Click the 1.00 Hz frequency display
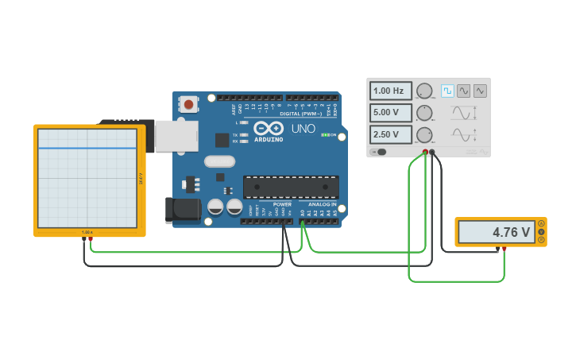pyautogui.click(x=390, y=91)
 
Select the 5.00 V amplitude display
pyautogui.click(x=390, y=113)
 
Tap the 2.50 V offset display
pyautogui.click(x=390, y=134)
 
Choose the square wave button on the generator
pyautogui.click(x=447, y=91)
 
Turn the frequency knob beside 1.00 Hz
pyautogui.click(x=425, y=91)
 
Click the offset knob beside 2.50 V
pyautogui.click(x=425, y=134)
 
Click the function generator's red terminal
pyautogui.click(x=425, y=152)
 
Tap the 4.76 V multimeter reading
pyautogui.click(x=497, y=232)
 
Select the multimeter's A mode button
pyautogui.click(x=541, y=223)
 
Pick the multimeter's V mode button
pyautogui.click(x=541, y=232)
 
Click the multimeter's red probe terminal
pyautogui.click(x=504, y=248)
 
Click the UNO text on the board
pyautogui.click(x=303, y=128)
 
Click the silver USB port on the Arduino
pyautogui.click(x=176, y=136)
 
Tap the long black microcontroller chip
pyautogui.click(x=291, y=187)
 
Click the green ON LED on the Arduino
pyautogui.click(x=324, y=135)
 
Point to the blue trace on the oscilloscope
pyautogui.click(x=87, y=148)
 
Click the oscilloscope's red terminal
pyautogui.click(x=91, y=238)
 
